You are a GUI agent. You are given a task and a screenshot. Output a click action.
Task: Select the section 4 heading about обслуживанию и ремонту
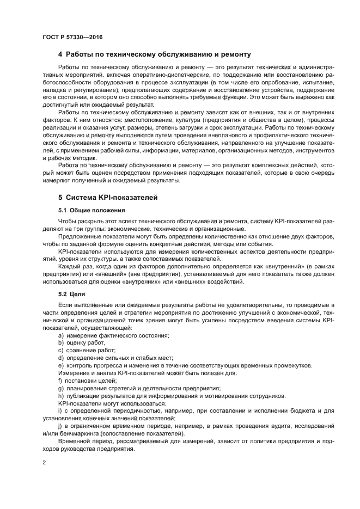pyautogui.click(x=154, y=55)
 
